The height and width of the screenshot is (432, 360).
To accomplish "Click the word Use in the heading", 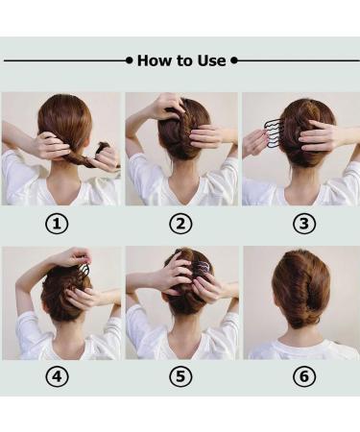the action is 211,60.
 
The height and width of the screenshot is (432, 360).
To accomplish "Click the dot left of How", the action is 129,60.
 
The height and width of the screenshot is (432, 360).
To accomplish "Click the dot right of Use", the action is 234,60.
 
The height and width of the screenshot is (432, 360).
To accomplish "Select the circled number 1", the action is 57,224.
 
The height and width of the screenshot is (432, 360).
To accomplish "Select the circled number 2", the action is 180,224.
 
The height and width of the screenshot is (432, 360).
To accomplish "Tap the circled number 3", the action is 304,224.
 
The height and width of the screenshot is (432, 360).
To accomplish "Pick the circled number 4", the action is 57,376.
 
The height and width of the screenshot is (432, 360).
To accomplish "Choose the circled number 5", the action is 180,376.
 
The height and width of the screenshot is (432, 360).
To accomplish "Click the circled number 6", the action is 304,376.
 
